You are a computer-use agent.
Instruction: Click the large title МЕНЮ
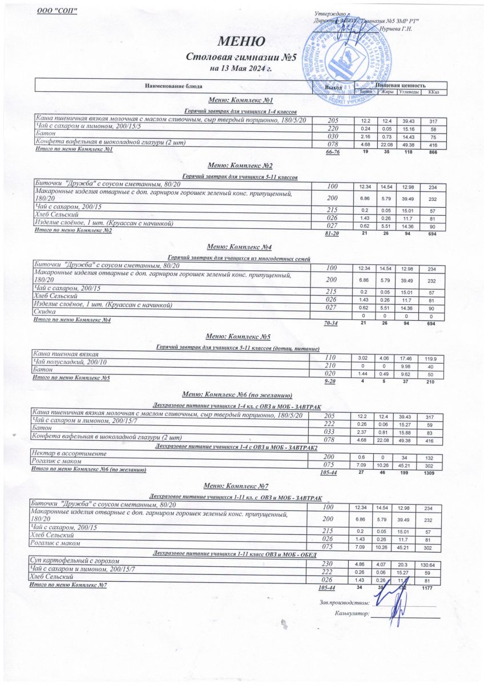[x=240, y=42]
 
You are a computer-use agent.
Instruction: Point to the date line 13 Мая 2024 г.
[x=240, y=69]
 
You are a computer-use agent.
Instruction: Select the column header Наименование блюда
[x=174, y=86]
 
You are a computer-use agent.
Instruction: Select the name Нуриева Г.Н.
[x=396, y=28]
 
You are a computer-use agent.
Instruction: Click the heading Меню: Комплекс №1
[x=240, y=100]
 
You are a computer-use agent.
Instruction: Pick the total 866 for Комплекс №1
[x=433, y=154]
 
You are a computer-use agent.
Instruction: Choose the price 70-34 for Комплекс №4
[x=332, y=323]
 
